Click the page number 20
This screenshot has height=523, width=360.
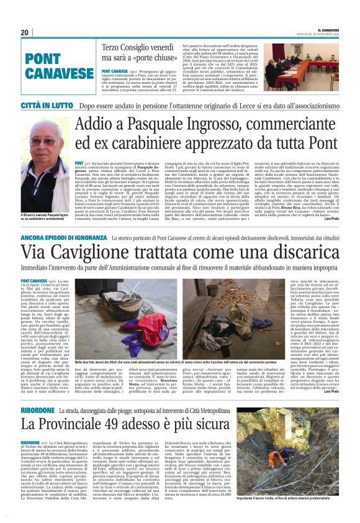(x=24, y=32)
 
